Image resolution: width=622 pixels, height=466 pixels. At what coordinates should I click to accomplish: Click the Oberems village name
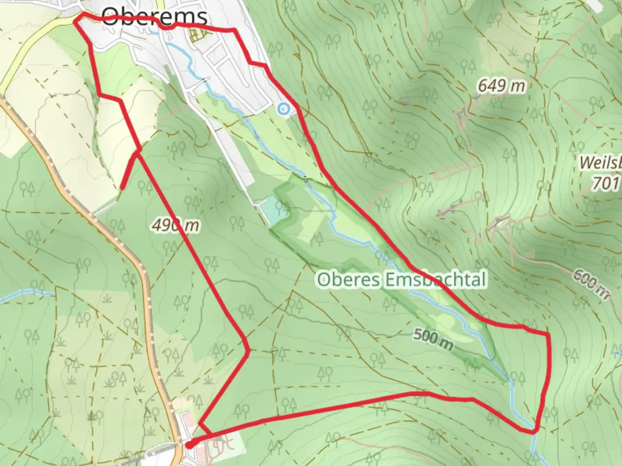[x=154, y=17]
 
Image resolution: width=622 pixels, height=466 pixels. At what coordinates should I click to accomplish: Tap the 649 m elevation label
[x=501, y=86]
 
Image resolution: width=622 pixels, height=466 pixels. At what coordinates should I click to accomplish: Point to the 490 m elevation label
[x=175, y=225]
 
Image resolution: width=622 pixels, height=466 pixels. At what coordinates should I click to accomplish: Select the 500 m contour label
[x=433, y=339]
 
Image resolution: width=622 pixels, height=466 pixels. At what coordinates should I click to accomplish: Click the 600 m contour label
[x=592, y=284]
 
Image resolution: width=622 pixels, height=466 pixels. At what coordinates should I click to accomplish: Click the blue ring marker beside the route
[x=283, y=109]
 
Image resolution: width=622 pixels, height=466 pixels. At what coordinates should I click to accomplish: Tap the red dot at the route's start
[x=189, y=445]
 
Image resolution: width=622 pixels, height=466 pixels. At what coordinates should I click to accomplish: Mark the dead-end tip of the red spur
[x=122, y=188]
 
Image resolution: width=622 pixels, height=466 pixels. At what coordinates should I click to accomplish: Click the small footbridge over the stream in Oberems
[x=204, y=80]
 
